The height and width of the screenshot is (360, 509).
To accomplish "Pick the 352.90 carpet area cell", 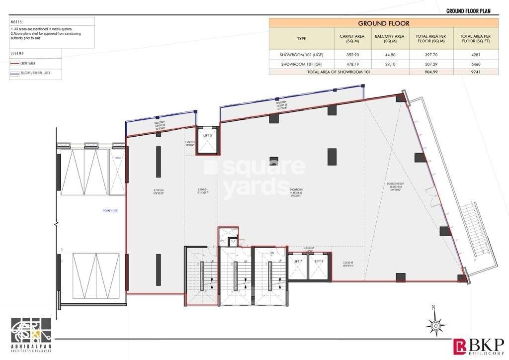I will (349, 55).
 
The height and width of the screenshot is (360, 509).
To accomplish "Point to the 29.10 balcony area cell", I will (389, 64).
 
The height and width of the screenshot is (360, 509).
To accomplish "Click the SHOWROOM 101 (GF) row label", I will (301, 64).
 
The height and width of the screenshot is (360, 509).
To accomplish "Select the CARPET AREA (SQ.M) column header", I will (349, 39).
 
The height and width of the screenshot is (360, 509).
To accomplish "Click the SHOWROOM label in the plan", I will (296, 189).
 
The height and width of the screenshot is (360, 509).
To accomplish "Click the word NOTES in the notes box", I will (17, 22).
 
